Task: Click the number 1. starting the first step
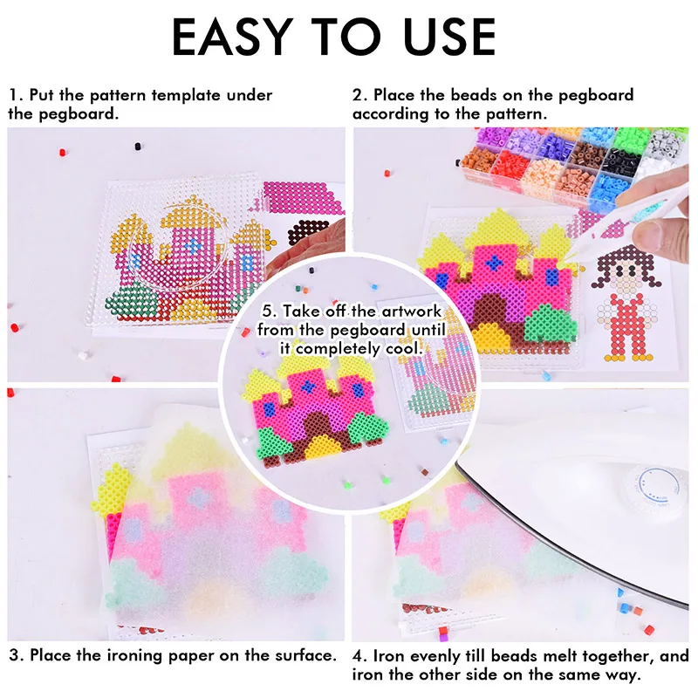(16, 95)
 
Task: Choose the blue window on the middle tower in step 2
(495, 261)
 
